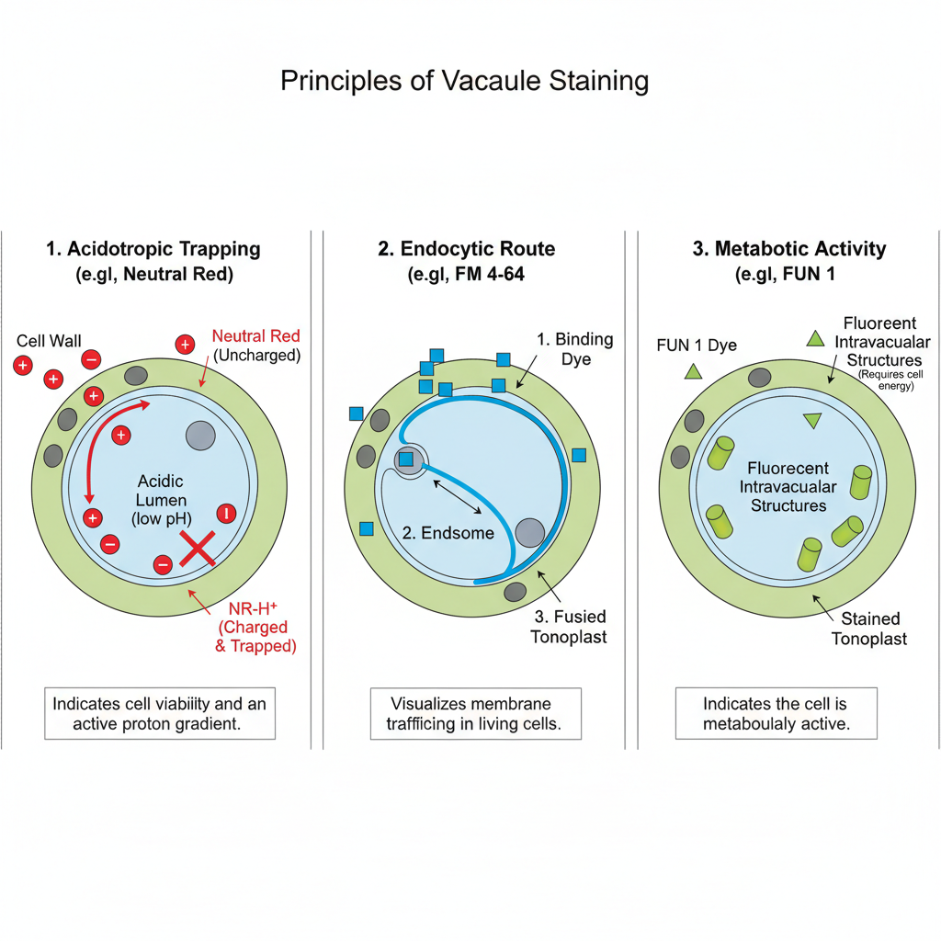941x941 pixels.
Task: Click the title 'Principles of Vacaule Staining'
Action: tap(464, 81)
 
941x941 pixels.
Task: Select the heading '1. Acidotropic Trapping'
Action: tap(153, 249)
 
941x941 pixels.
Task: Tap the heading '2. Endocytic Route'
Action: tap(466, 249)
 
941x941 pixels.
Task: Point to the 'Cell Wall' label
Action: tap(49, 342)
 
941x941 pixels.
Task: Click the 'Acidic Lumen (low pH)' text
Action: tap(161, 500)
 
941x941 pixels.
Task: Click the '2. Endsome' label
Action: tap(448, 533)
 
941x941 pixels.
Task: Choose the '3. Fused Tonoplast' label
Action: tap(569, 627)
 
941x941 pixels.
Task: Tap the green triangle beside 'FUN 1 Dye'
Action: tap(693, 371)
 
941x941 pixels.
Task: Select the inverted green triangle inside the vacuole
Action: tap(811, 420)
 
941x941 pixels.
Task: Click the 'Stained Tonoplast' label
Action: tap(869, 629)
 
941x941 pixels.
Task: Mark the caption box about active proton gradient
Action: tap(160, 713)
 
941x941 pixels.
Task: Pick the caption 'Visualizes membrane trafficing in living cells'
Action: tap(475, 713)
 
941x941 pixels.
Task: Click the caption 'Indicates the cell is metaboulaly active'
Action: tap(776, 713)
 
